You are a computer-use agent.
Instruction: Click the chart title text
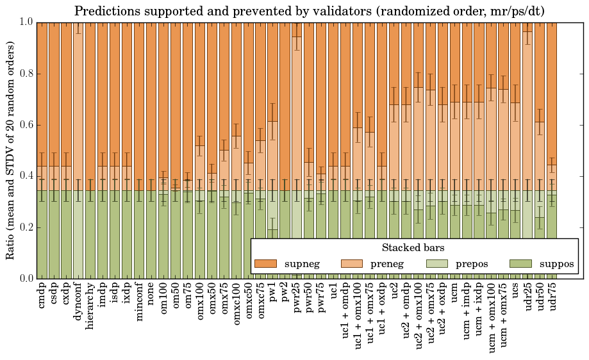click(x=310, y=11)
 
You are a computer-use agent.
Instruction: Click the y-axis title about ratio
click(x=11, y=150)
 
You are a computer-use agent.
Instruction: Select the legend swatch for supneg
click(x=265, y=264)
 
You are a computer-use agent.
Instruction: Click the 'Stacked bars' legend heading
click(x=413, y=247)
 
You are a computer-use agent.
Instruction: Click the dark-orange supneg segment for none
click(x=151, y=96)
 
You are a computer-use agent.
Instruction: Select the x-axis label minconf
click(x=139, y=301)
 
